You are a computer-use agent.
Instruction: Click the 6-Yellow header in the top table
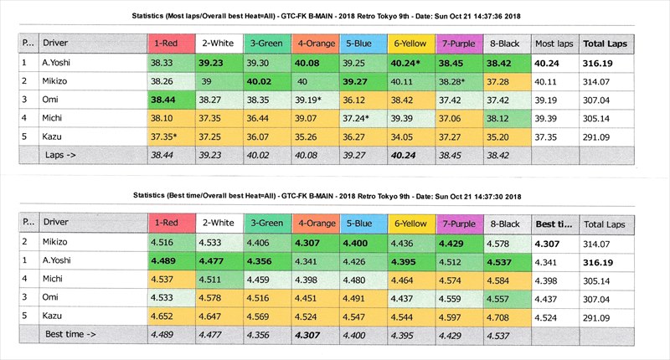pyautogui.click(x=411, y=43)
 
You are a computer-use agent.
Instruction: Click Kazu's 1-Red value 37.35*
pyautogui.click(x=169, y=136)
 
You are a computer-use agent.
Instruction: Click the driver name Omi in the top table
pyautogui.click(x=52, y=99)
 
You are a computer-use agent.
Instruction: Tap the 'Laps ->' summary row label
pyautogui.click(x=59, y=154)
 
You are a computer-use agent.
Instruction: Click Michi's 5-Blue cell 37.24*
pyautogui.click(x=362, y=117)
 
